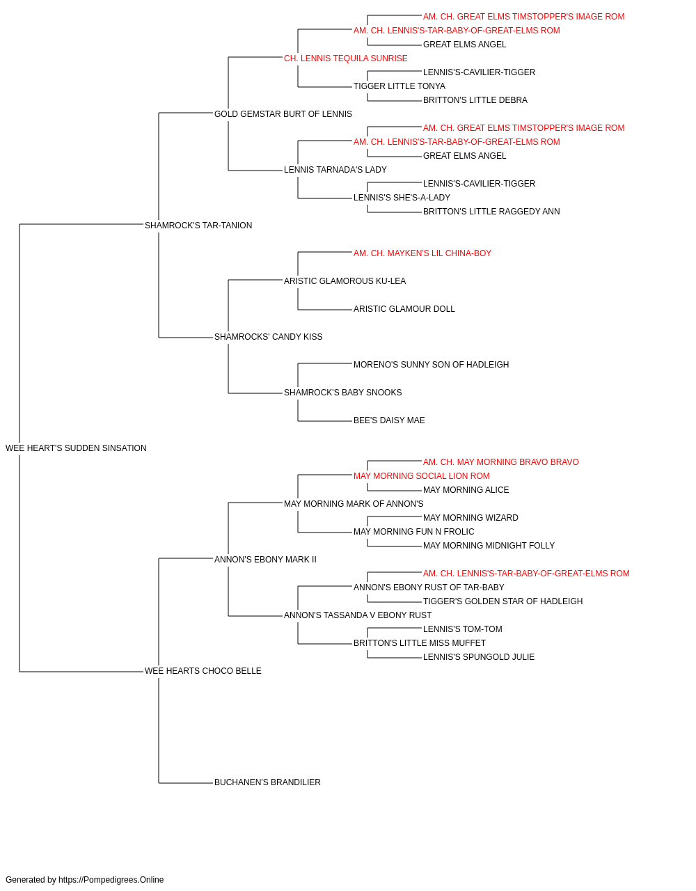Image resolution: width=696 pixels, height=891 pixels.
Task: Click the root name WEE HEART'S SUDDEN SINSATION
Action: pyautogui.click(x=76, y=448)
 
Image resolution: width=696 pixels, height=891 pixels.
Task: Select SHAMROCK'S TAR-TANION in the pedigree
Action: pyautogui.click(x=198, y=226)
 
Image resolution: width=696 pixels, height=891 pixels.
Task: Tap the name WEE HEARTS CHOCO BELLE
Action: pyautogui.click(x=203, y=671)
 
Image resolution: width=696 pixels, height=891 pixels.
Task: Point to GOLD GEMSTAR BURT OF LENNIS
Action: pyautogui.click(x=283, y=114)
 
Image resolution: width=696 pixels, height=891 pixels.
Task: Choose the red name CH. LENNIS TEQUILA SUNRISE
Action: pyautogui.click(x=345, y=58)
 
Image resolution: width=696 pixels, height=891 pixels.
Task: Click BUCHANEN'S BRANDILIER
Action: pyautogui.click(x=267, y=782)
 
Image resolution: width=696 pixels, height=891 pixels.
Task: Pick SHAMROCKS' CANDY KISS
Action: pyautogui.click(x=268, y=337)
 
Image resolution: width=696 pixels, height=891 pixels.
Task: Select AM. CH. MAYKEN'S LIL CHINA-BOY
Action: pyautogui.click(x=422, y=253)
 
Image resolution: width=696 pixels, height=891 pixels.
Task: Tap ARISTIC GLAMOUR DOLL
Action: pyautogui.click(x=404, y=309)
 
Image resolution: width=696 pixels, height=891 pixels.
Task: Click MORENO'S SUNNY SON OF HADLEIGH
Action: pyautogui.click(x=432, y=365)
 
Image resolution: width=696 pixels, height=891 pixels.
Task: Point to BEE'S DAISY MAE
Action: pyautogui.click(x=389, y=420)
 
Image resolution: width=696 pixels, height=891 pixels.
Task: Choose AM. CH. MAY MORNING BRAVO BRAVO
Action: pyautogui.click(x=501, y=462)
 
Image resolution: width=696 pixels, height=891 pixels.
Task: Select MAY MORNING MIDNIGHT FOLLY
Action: pyautogui.click(x=489, y=545)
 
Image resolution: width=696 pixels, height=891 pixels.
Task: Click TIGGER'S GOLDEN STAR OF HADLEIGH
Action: pyautogui.click(x=503, y=601)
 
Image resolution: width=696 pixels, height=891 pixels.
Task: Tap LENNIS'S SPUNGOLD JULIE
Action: pyautogui.click(x=479, y=657)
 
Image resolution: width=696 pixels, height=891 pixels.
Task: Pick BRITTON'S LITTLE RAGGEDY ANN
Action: pyautogui.click(x=491, y=212)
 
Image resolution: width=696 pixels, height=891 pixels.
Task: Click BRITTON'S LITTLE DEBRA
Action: pyautogui.click(x=475, y=100)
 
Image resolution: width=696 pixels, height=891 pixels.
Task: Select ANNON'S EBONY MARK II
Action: pyautogui.click(x=265, y=560)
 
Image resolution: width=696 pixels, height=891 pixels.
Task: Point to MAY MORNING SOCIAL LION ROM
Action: pyautogui.click(x=421, y=476)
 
